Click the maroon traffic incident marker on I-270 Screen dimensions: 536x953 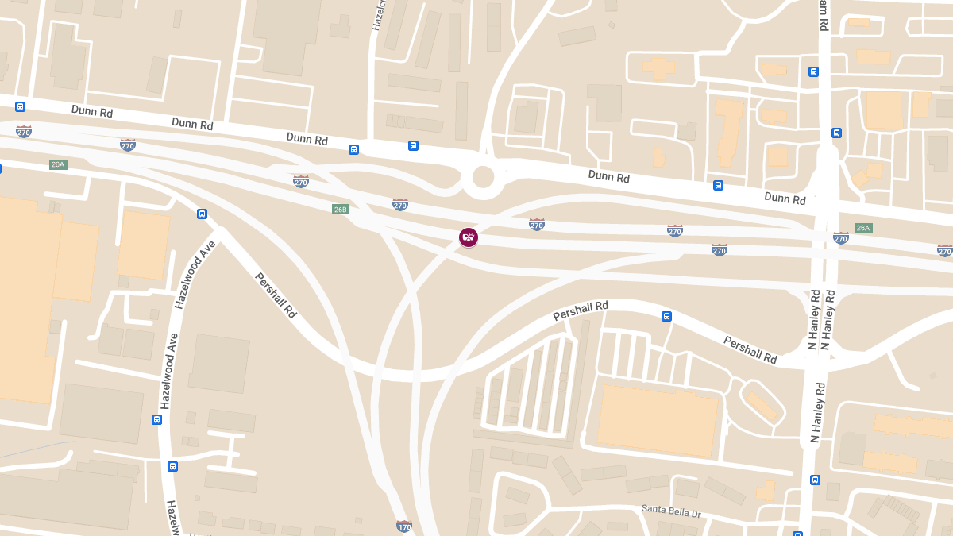point(469,237)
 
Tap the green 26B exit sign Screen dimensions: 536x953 point(340,209)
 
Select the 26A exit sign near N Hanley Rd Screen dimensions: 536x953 point(863,228)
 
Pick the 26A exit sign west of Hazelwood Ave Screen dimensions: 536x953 point(58,164)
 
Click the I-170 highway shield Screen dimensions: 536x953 point(404,526)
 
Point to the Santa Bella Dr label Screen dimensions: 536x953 point(672,511)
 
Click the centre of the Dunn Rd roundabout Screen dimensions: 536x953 point(483,176)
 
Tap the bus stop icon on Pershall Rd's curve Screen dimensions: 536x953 point(666,316)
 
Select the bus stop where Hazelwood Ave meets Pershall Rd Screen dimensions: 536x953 point(202,214)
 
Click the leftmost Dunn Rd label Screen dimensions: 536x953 point(92,111)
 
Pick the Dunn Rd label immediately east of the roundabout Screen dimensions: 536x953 point(609,176)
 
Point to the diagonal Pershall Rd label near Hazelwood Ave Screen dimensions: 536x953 point(276,295)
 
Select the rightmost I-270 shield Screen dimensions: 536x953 point(944,251)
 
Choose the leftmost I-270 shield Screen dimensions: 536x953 point(24,131)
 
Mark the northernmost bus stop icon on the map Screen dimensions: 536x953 point(813,71)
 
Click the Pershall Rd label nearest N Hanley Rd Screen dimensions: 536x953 point(750,349)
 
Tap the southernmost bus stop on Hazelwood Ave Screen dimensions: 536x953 point(172,466)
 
